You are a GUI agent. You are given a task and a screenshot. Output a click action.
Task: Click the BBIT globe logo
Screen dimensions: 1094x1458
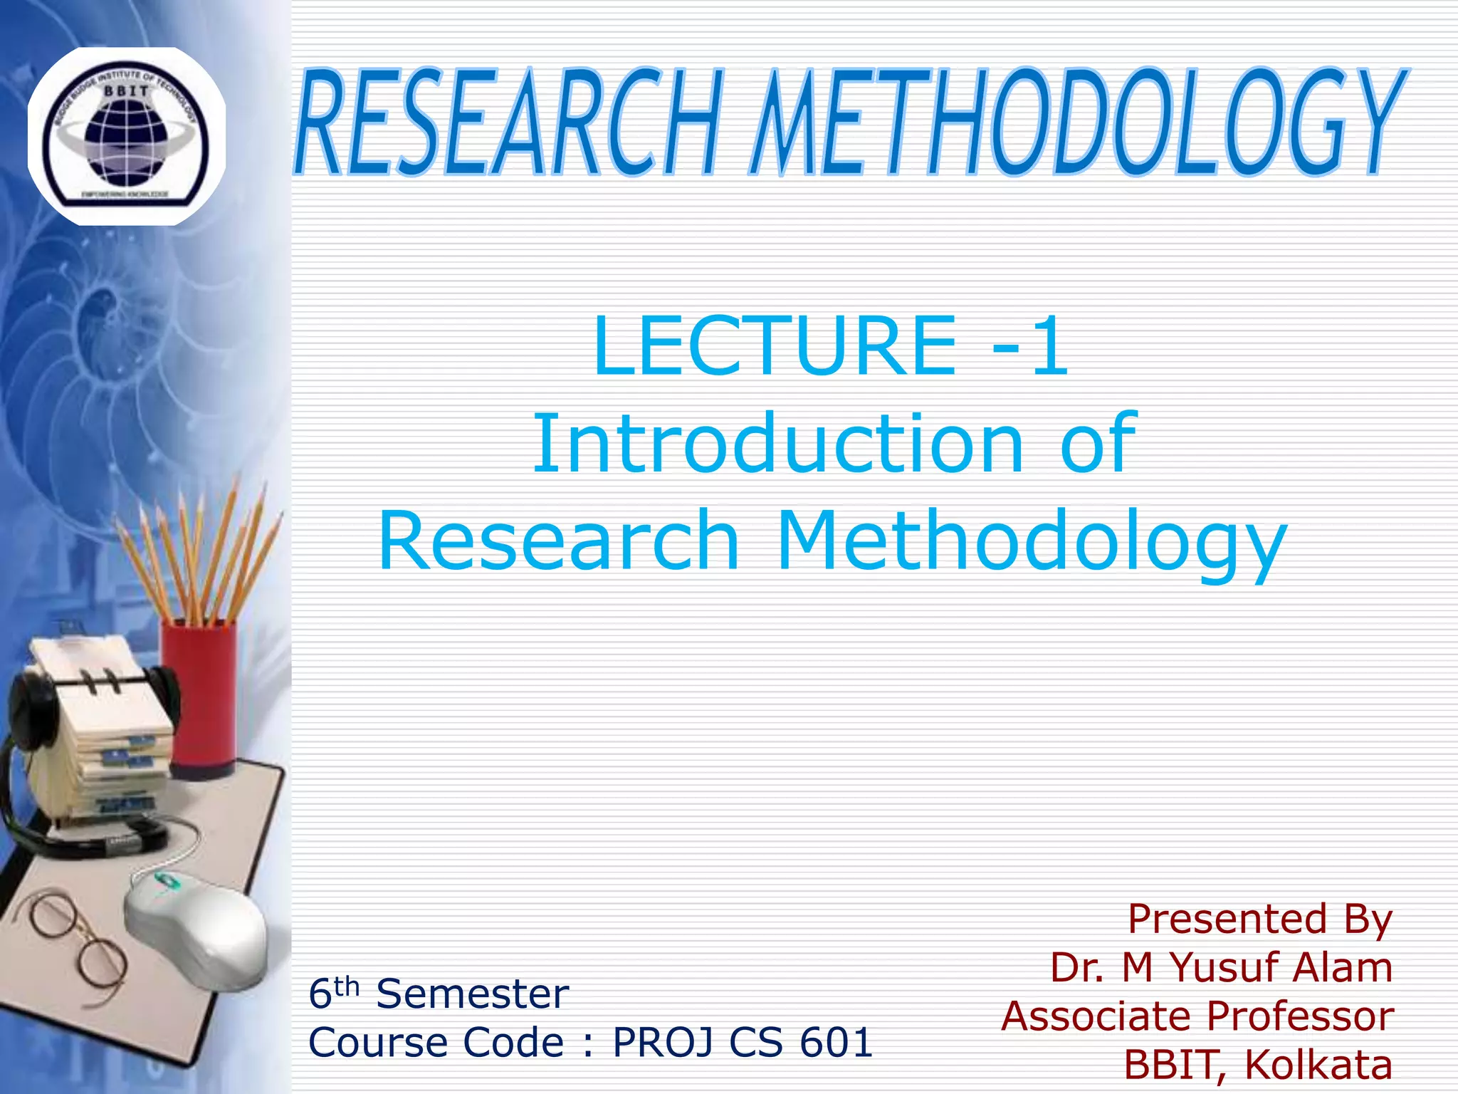[x=126, y=135]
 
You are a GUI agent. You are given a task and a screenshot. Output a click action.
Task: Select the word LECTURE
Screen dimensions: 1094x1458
[x=775, y=346]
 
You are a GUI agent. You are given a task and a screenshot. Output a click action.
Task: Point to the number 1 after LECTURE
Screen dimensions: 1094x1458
[x=1049, y=346]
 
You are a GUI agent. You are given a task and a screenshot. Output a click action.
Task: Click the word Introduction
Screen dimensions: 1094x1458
[x=777, y=444]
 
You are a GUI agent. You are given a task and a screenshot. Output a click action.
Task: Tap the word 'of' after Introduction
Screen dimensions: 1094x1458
[x=1098, y=444]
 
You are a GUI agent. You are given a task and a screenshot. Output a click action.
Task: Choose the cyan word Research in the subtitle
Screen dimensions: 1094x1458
[x=559, y=541]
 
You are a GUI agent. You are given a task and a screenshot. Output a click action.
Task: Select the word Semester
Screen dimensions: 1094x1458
[x=472, y=994]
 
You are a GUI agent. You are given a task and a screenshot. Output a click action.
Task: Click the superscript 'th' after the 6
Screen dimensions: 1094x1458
[x=347, y=986]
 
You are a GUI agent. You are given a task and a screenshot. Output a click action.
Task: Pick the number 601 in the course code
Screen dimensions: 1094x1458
[x=836, y=1043]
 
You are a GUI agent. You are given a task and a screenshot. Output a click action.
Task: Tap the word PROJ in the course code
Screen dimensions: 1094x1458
[x=663, y=1043]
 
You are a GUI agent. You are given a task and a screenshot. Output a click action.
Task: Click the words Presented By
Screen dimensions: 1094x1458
[x=1259, y=919]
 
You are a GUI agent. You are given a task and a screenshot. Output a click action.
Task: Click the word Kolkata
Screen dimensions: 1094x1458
[x=1318, y=1065]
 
